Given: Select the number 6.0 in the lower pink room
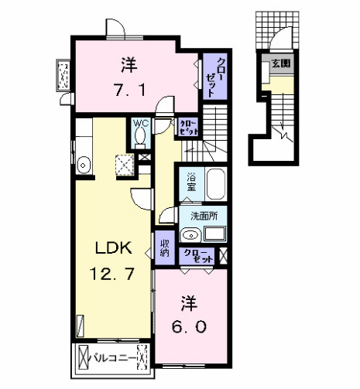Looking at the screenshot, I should pyautogui.click(x=188, y=326).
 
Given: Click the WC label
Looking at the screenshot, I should pyautogui.click(x=139, y=123).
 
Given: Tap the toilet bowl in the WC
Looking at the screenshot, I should pyautogui.click(x=139, y=138).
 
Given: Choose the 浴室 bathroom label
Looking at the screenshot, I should pyautogui.click(x=190, y=184).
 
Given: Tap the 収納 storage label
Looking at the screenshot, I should pyautogui.click(x=165, y=248).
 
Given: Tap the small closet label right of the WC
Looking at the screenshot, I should pyautogui.click(x=188, y=126).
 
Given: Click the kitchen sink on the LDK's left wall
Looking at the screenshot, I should pyautogui.click(x=84, y=163).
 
